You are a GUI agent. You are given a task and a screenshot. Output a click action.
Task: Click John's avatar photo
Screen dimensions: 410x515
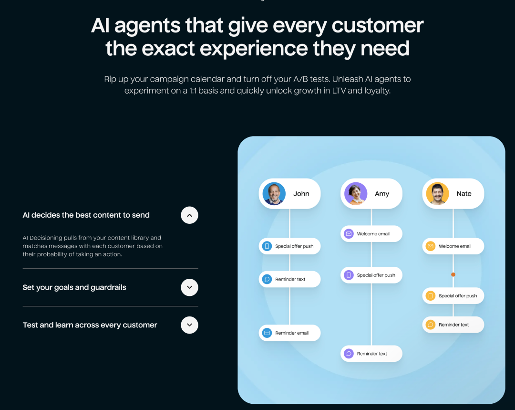pyautogui.click(x=274, y=194)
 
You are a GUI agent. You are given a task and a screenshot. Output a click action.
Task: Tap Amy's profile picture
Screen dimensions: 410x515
pyautogui.click(x=356, y=194)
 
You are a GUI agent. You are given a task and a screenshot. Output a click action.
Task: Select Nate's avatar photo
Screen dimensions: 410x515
pyautogui.click(x=437, y=194)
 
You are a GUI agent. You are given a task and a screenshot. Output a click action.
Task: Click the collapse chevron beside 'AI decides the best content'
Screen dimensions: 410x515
pyautogui.click(x=189, y=215)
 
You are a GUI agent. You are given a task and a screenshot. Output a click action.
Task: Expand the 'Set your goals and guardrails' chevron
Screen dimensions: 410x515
pyautogui.click(x=189, y=287)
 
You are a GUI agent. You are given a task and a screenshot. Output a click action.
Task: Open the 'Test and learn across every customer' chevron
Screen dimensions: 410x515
pyautogui.click(x=189, y=325)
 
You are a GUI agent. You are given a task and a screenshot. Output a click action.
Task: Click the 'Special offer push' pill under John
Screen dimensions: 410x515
pyautogui.click(x=290, y=246)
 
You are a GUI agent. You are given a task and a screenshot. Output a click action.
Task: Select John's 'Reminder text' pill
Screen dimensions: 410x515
pyautogui.click(x=290, y=279)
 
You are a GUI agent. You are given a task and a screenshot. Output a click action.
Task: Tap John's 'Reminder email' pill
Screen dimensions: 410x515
pyautogui.click(x=290, y=333)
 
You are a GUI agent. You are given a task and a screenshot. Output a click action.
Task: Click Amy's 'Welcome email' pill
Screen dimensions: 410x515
pyautogui.click(x=371, y=234)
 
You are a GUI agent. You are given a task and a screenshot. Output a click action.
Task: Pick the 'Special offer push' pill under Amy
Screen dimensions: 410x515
pyautogui.click(x=371, y=275)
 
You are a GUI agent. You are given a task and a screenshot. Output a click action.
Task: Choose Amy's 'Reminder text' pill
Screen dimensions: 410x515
pyautogui.click(x=371, y=354)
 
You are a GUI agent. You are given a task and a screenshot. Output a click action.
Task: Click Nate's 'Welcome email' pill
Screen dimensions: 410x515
pyautogui.click(x=453, y=246)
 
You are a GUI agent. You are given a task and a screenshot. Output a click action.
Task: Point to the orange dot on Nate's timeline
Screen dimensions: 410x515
pyautogui.click(x=453, y=274)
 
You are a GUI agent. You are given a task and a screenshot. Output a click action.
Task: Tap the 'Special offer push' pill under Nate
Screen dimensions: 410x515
pyautogui.click(x=453, y=296)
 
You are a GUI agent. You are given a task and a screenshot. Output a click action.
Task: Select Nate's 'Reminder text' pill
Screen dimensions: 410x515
pyautogui.click(x=453, y=325)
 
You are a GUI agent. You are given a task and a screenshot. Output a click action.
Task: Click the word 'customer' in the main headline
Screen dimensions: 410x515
pyautogui.click(x=378, y=25)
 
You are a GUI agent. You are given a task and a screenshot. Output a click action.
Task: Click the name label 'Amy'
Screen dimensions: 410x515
pyautogui.click(x=382, y=194)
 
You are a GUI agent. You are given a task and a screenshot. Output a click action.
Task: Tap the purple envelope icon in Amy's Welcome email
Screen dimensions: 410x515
pyautogui.click(x=349, y=234)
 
